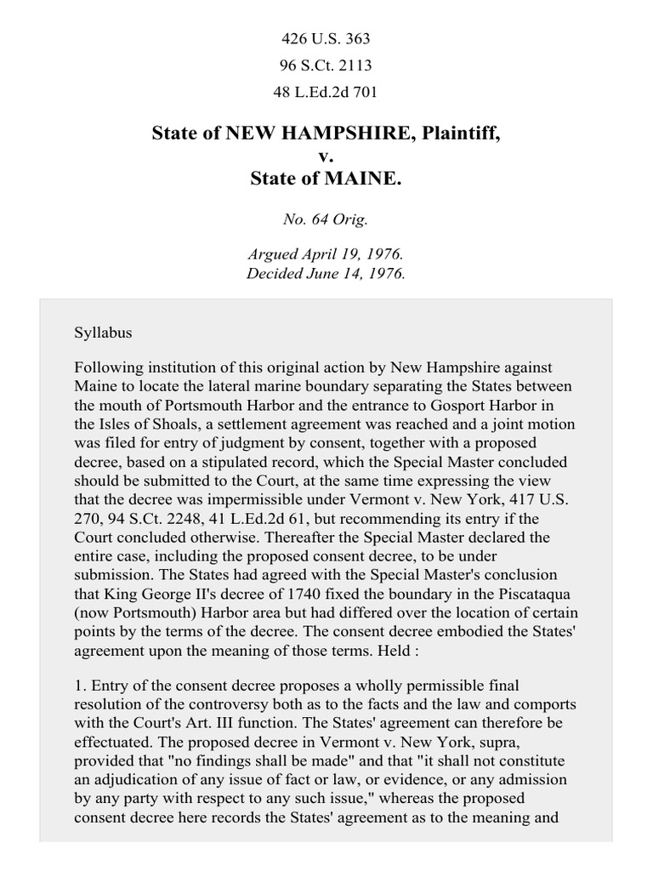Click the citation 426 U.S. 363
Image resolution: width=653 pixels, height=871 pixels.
pyautogui.click(x=326, y=39)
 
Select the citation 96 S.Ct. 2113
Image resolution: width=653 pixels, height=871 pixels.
pyautogui.click(x=326, y=65)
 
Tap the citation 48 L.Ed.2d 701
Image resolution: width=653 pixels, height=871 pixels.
pyautogui.click(x=326, y=92)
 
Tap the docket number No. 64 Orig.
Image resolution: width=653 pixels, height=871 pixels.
pyautogui.click(x=326, y=219)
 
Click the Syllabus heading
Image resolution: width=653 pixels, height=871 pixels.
pyautogui.click(x=103, y=333)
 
